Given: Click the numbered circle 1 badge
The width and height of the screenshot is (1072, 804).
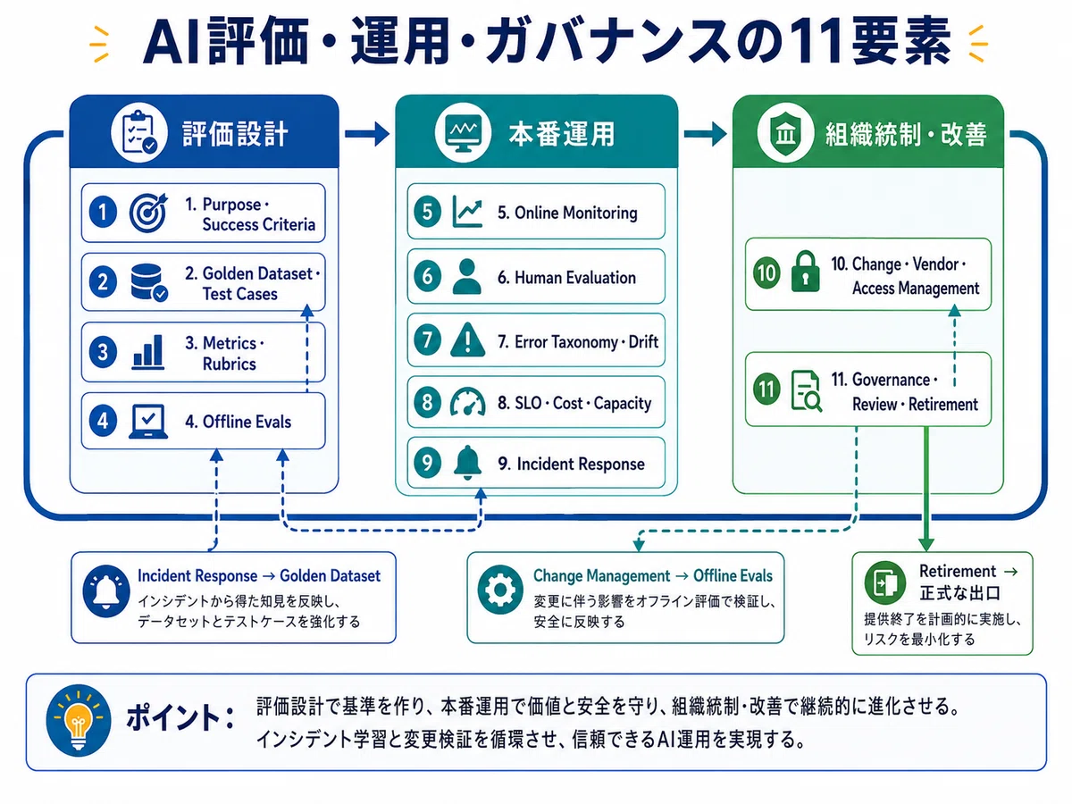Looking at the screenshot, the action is pos(103,213).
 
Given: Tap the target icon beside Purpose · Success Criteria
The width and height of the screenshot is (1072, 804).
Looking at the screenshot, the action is pos(148,213).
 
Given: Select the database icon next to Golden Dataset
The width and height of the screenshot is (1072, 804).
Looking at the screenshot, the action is pos(149,282).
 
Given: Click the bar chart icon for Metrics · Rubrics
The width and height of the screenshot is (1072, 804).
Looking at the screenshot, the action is pos(148,351).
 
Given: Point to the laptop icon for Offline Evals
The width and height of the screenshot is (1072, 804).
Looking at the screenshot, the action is pos(148,422).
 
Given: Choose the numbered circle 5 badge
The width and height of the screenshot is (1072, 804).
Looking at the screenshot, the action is pos(427,212).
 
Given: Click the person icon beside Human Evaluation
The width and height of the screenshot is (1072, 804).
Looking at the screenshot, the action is pos(467,276).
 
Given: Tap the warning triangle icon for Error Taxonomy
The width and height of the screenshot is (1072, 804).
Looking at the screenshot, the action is pos(467,339).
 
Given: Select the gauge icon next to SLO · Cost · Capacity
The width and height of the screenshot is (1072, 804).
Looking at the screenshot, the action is pos(467,402).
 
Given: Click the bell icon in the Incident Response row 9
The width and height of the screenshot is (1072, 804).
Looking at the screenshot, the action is pos(467,462).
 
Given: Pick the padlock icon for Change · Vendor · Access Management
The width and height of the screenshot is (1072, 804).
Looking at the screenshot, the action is pos(805,272).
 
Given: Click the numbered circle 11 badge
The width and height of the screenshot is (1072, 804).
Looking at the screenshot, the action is pos(766,389).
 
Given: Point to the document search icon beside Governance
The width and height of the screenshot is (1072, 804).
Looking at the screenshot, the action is pos(806,390).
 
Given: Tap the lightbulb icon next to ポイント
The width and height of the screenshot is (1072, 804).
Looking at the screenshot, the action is pos(78,721).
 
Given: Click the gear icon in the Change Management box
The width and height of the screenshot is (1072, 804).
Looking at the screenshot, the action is pos(499,590).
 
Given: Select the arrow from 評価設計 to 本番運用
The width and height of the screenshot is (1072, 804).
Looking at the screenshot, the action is pos(367,133).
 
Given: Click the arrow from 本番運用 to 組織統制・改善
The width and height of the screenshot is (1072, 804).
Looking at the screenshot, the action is pos(705,133).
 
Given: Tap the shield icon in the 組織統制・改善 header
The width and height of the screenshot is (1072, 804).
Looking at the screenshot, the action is pos(785,133).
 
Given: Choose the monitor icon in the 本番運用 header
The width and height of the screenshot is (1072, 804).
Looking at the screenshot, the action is pos(463,133).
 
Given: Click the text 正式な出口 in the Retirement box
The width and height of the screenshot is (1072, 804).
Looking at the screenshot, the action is pos(960,593).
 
